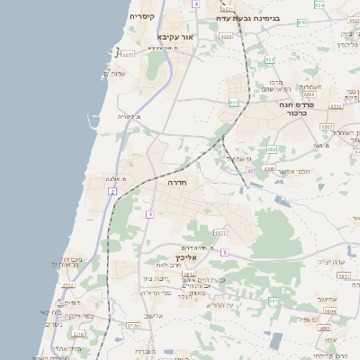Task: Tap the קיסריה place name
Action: coord(141,16)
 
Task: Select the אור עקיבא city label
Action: coord(175,37)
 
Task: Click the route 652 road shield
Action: coord(270,59)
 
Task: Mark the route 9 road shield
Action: coord(150,214)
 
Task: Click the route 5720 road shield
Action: coord(133,325)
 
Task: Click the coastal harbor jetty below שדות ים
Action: coord(94,118)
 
